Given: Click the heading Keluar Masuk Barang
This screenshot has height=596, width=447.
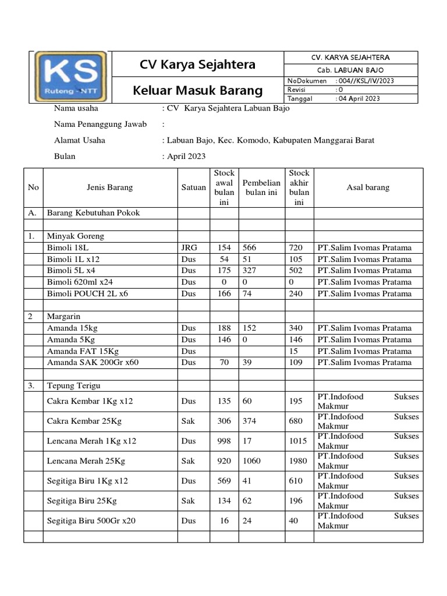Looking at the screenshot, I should click(198, 91).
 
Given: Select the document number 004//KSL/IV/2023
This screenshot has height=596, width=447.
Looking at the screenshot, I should click(365, 81).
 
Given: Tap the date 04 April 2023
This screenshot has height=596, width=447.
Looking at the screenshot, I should click(358, 98).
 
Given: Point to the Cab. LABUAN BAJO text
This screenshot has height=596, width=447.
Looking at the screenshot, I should click(350, 69).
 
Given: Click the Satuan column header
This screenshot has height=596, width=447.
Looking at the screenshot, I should click(193, 187).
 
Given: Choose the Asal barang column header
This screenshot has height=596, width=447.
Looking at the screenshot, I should click(368, 187).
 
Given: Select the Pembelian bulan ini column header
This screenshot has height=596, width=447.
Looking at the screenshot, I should click(261, 187).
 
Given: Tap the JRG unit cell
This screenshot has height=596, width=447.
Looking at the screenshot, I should click(189, 247).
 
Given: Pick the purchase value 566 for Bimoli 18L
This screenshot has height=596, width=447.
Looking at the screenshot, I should click(250, 247).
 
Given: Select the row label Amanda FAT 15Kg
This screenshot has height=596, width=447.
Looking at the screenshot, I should click(83, 351).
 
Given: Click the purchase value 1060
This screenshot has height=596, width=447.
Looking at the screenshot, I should click(253, 461).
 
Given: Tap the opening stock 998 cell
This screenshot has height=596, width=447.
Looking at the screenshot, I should click(224, 441).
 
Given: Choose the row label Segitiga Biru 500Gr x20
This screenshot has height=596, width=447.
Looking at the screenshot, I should click(91, 520).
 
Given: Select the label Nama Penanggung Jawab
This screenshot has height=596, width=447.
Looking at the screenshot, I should click(100, 124).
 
